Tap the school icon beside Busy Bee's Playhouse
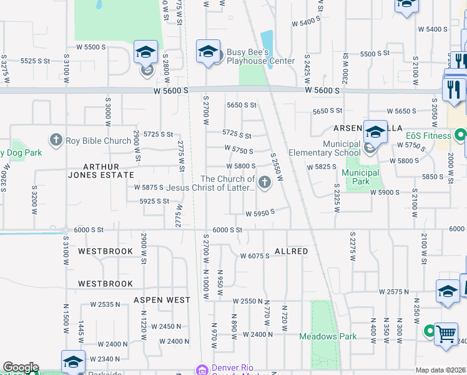coord(208,52)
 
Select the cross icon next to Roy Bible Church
coord(56,140)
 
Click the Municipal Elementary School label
coord(324,148)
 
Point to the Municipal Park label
coord(360,177)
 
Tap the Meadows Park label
coord(328,336)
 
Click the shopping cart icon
coord(446,335)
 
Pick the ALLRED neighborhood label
coord(292,251)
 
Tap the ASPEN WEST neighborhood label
coord(162,300)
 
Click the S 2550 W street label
coord(276,167)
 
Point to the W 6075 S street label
coord(255,256)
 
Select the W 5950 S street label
coord(260,212)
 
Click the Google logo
coord(21,367)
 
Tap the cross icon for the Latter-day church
coord(265,182)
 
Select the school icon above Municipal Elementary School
coord(375,132)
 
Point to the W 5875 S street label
coord(149,187)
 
